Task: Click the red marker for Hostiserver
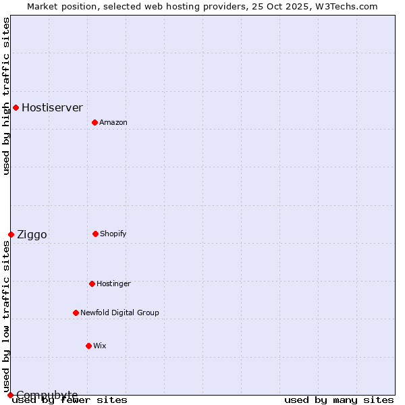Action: tap(16, 107)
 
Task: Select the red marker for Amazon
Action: tap(94, 122)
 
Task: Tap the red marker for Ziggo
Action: tap(11, 234)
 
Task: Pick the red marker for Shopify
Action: tap(95, 234)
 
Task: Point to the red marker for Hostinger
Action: tap(92, 283)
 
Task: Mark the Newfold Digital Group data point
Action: tap(76, 313)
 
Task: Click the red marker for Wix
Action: tap(88, 346)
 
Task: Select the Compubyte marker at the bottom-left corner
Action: tap(10, 395)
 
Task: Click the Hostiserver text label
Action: tap(52, 107)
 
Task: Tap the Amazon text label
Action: tap(113, 122)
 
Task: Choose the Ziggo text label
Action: tap(32, 235)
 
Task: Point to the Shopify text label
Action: tap(113, 234)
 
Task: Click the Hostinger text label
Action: tap(113, 283)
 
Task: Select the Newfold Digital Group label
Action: tap(119, 313)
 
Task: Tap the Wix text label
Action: tap(100, 346)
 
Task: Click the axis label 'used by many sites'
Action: tap(339, 400)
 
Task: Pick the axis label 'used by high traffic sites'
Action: tap(6, 96)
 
